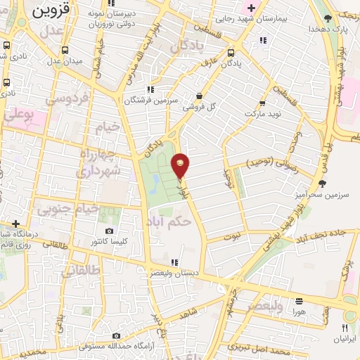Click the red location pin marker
coord(181,166)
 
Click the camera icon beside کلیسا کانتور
coord(109,231)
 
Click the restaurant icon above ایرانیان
coord(345,328)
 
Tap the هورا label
coord(298,311)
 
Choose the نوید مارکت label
coord(262,112)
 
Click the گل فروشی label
coord(200,108)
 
